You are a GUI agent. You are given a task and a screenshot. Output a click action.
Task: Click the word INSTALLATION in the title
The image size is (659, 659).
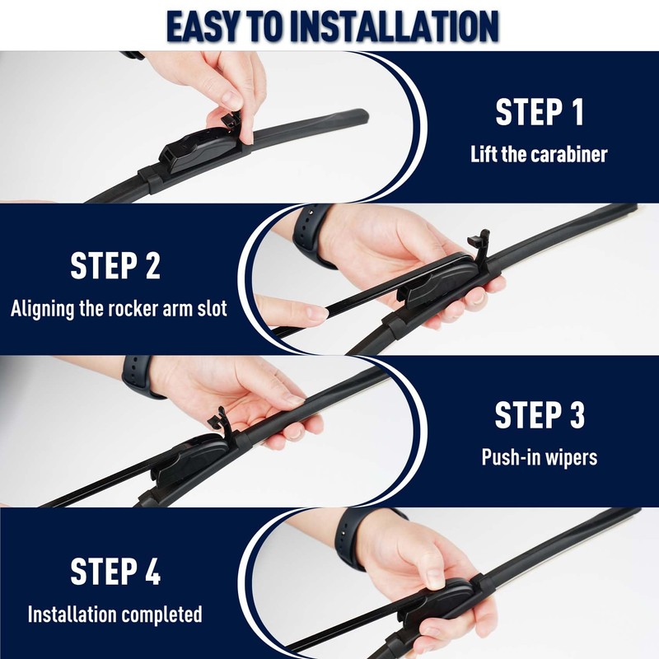click(395, 26)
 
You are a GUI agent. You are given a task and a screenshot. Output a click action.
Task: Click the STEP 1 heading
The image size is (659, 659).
click(540, 112)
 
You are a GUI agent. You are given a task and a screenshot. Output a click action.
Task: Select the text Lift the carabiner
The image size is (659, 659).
click(539, 154)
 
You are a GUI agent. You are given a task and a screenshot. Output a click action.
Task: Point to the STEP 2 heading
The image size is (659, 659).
click(115, 265)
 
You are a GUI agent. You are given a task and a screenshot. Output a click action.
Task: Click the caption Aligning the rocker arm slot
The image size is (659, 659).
click(119, 309)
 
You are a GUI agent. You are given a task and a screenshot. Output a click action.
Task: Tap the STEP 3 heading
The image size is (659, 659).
click(540, 415)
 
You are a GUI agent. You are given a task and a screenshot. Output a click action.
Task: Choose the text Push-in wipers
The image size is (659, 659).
click(540, 457)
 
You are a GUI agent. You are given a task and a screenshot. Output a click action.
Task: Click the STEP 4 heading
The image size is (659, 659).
click(115, 571)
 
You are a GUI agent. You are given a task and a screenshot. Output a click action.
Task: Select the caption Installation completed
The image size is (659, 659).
click(115, 615)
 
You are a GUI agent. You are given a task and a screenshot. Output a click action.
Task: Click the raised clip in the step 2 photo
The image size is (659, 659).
click(480, 245)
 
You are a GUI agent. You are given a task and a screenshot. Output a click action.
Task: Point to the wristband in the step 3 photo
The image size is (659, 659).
click(138, 376)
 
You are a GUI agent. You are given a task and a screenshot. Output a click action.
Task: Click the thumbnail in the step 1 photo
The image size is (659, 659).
click(231, 100)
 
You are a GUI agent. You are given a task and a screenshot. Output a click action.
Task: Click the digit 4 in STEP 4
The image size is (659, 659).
click(153, 571)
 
